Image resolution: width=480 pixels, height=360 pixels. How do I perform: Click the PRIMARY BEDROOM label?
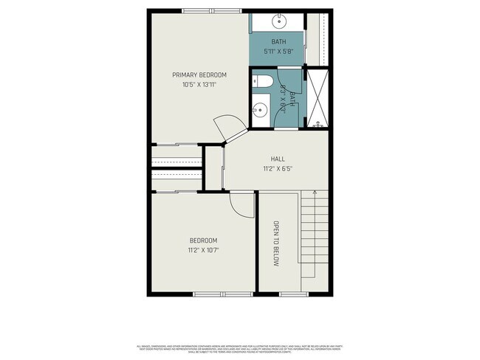tap(199, 75)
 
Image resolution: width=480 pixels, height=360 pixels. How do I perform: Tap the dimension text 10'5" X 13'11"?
tap(199, 85)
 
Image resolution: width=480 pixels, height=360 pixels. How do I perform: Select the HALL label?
tap(277, 159)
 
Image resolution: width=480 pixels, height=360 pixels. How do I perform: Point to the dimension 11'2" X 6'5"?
tap(277, 168)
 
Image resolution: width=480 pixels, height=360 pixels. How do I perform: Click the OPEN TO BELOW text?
tap(275, 244)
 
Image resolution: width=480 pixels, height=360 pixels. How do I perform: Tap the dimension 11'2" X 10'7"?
tap(203, 251)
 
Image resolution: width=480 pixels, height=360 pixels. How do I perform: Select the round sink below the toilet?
tap(259, 111)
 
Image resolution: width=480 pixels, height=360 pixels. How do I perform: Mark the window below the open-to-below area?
tap(289, 295)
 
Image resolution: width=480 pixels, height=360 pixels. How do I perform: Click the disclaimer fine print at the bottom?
tap(240, 347)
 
